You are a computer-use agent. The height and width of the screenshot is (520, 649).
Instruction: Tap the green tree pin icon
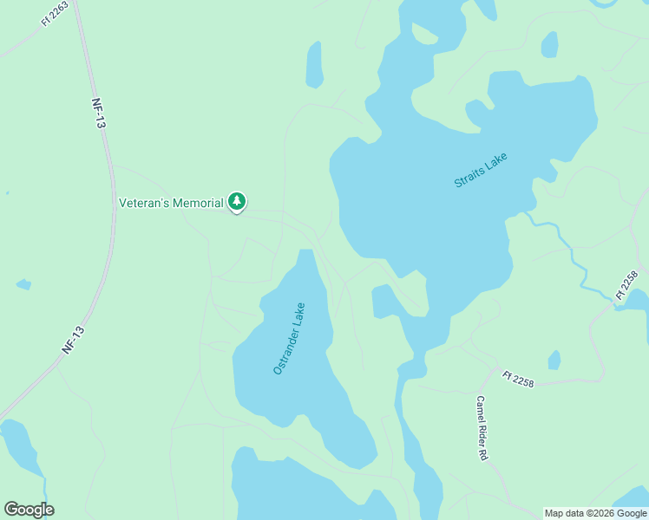click(x=237, y=202)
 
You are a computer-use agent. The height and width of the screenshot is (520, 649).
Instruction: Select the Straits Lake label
click(x=480, y=170)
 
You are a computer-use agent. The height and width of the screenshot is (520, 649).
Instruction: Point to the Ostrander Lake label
click(x=289, y=338)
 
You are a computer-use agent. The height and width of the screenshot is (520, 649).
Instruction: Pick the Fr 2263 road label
click(x=54, y=14)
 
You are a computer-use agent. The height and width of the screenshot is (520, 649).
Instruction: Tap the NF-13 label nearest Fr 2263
click(x=99, y=113)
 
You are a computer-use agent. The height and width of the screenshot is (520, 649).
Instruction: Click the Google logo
click(x=29, y=510)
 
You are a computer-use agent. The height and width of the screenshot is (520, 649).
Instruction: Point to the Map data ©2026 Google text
click(x=595, y=513)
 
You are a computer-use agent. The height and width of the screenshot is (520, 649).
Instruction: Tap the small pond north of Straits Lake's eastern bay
click(x=549, y=44)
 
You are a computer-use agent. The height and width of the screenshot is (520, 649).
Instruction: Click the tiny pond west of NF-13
click(x=23, y=284)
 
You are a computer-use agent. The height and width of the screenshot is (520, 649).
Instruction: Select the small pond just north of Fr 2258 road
click(x=554, y=360)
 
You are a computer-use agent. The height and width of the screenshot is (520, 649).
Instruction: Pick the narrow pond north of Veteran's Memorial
click(x=314, y=64)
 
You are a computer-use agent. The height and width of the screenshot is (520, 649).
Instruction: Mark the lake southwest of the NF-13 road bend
click(x=20, y=446)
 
